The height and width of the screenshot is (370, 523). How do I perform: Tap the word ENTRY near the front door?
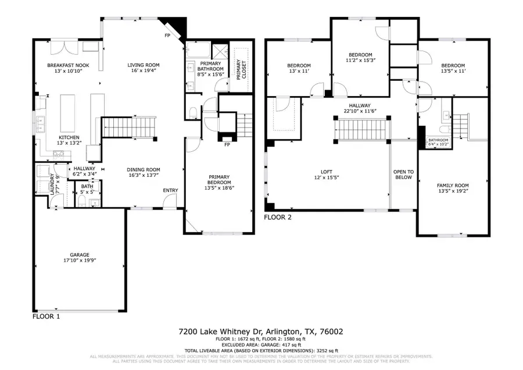(170, 190)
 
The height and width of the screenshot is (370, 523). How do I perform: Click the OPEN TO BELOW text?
(403, 175)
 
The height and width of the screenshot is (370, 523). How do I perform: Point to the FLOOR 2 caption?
(277, 218)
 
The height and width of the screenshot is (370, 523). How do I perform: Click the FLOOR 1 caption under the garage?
(46, 317)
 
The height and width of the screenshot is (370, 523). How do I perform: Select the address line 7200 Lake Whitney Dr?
(260, 332)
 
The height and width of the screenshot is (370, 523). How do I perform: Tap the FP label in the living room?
(167, 35)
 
